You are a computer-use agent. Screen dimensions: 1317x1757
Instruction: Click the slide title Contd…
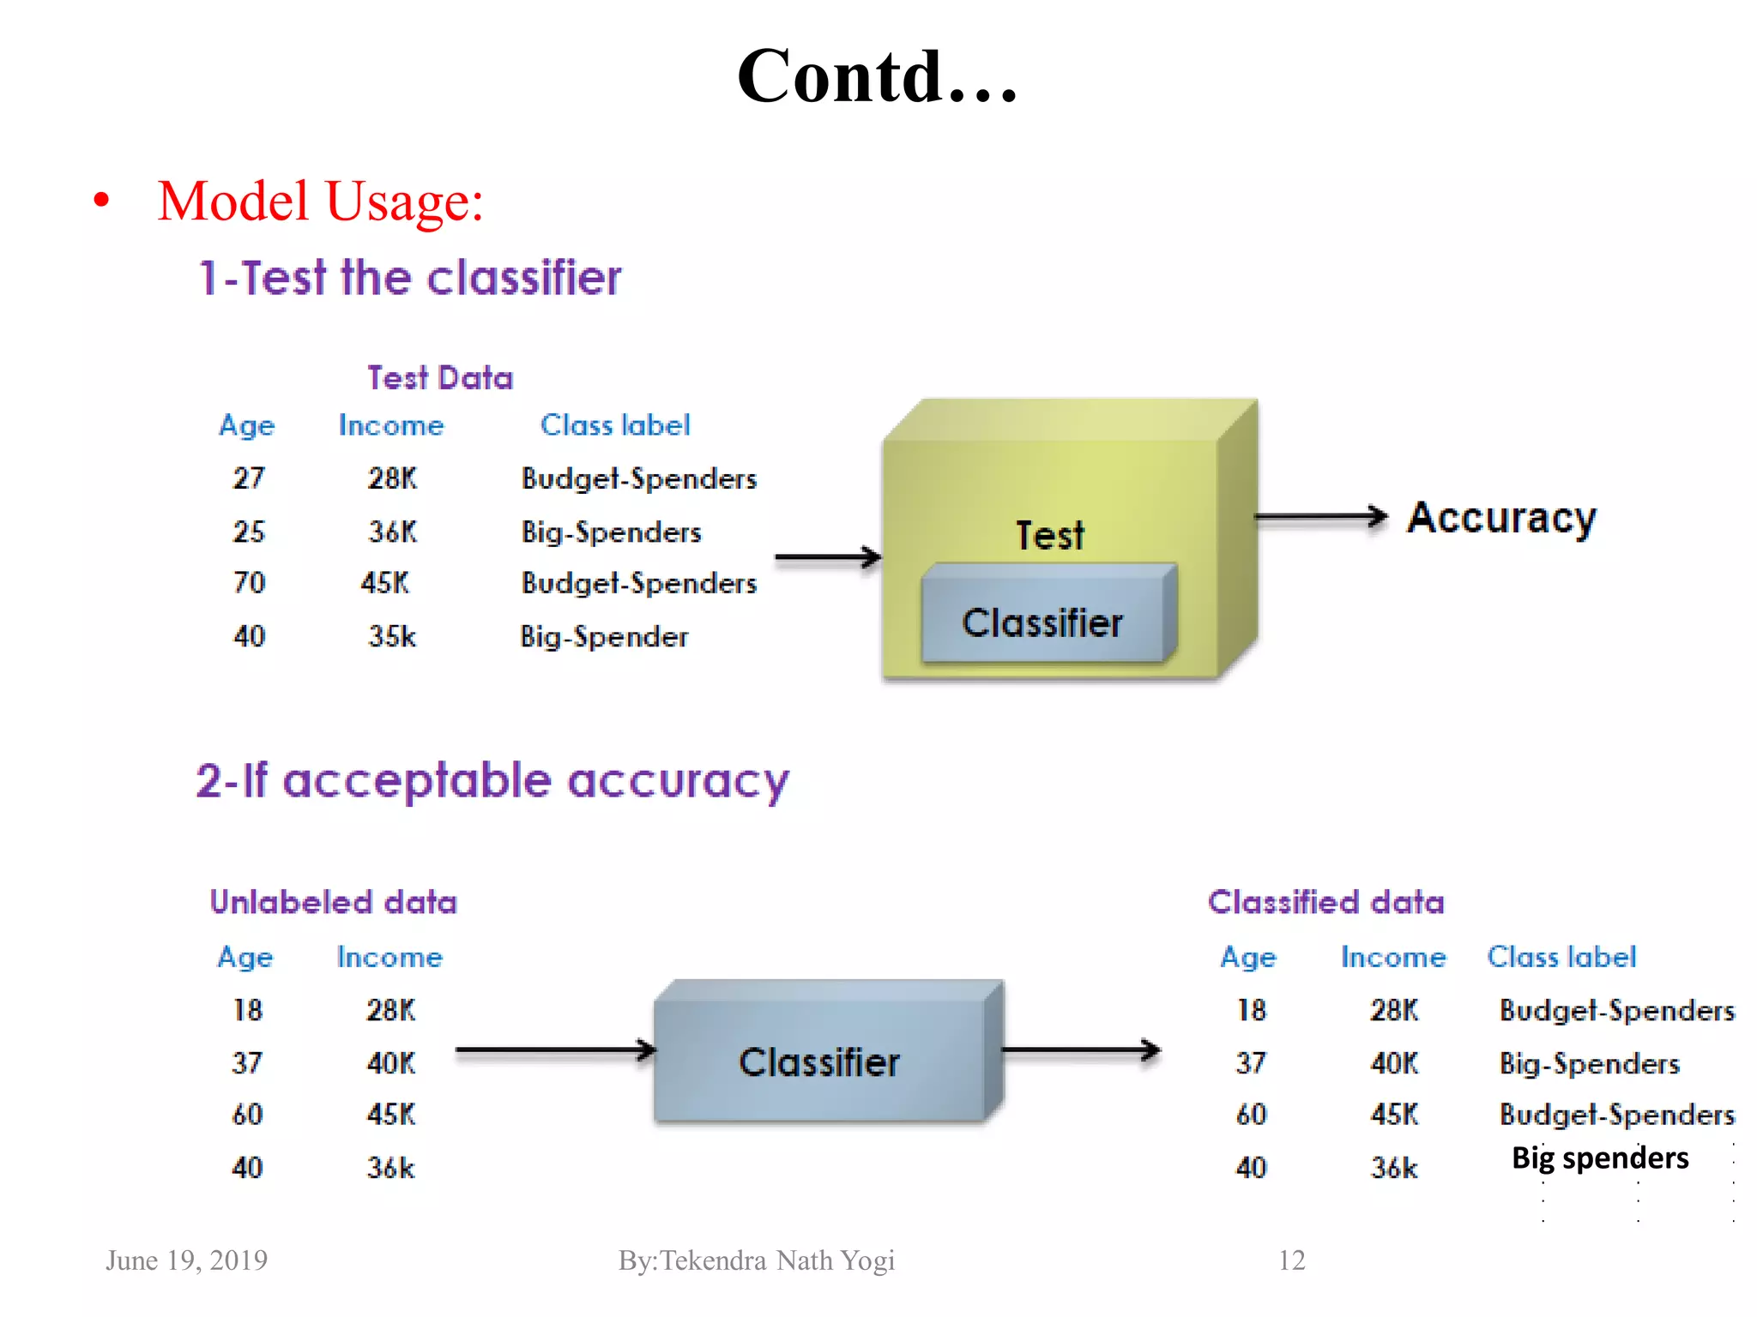pyautogui.click(x=877, y=77)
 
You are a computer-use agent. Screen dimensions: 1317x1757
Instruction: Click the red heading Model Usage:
pyautogui.click(x=320, y=202)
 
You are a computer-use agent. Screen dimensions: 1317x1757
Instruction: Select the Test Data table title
pyautogui.click(x=440, y=378)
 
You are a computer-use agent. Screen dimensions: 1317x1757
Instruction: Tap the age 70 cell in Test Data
pyautogui.click(x=250, y=583)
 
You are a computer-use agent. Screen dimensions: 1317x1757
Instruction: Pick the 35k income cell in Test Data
pyautogui.click(x=392, y=636)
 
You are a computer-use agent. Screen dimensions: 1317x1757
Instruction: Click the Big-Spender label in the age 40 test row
pyautogui.click(x=604, y=636)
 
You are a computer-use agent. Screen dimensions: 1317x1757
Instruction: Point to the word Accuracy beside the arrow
pyautogui.click(x=1501, y=518)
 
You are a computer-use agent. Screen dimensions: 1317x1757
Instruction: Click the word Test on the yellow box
pyautogui.click(x=1050, y=536)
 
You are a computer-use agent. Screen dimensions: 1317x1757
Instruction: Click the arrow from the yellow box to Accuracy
pyautogui.click(x=1321, y=516)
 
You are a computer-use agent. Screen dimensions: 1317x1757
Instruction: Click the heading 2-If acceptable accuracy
pyautogui.click(x=492, y=781)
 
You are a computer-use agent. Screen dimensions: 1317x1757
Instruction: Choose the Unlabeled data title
pyautogui.click(x=334, y=902)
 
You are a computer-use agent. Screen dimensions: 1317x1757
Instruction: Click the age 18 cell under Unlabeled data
pyautogui.click(x=248, y=1010)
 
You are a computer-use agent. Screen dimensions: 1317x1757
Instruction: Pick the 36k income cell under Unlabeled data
pyautogui.click(x=391, y=1168)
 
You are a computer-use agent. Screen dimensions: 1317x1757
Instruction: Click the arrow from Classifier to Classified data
pyautogui.click(x=1081, y=1049)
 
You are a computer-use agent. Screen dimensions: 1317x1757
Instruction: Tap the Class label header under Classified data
pyautogui.click(x=1561, y=957)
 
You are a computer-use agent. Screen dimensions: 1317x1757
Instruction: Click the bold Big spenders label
pyautogui.click(x=1600, y=1158)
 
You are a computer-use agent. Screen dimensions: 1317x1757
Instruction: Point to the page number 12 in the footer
pyautogui.click(x=1291, y=1260)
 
